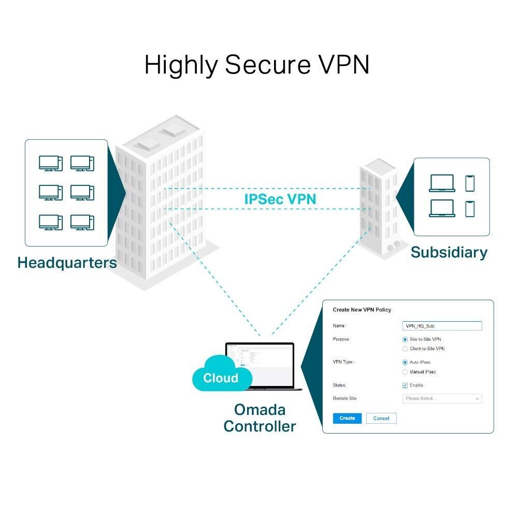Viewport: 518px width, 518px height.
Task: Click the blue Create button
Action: point(347,418)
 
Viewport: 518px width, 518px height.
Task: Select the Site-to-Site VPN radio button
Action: point(405,339)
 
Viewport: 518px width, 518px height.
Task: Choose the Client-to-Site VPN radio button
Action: point(405,349)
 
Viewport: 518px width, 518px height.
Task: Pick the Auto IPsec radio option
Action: point(405,363)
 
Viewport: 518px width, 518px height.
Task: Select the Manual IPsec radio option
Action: point(405,372)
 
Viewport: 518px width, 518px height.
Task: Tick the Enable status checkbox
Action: point(405,385)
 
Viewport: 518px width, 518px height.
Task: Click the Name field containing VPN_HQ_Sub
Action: point(442,326)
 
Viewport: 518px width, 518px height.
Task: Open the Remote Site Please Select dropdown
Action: point(442,398)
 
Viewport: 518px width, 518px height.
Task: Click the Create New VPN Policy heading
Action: point(362,310)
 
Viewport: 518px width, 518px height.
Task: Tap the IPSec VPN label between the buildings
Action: point(280,199)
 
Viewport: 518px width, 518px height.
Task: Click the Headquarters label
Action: point(67,263)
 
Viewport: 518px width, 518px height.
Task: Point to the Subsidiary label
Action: point(449,253)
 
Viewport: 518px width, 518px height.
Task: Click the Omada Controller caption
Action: point(260,418)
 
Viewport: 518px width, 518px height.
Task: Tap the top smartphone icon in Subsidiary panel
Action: point(470,183)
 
